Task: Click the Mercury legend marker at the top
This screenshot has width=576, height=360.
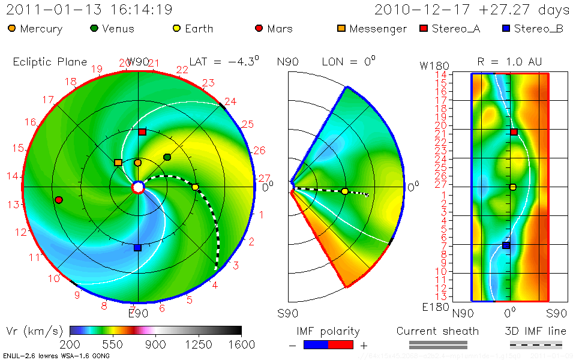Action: (x=13, y=28)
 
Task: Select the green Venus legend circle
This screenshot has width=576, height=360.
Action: (x=94, y=28)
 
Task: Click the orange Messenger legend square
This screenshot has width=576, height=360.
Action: (x=341, y=28)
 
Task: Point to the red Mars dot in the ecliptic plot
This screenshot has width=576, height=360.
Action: (x=58, y=200)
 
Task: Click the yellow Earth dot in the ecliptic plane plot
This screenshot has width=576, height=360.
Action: (x=195, y=187)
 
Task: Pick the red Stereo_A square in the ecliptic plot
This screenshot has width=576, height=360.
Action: (x=142, y=131)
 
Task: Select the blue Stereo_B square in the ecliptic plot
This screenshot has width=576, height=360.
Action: (x=137, y=247)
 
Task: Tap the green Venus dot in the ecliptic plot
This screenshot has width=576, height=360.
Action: (x=167, y=157)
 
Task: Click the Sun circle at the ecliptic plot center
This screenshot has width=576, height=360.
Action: (x=138, y=188)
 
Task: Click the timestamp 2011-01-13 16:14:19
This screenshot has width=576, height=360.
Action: (x=89, y=10)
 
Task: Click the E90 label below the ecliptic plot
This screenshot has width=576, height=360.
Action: (x=139, y=313)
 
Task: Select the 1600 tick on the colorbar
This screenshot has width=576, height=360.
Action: (x=241, y=344)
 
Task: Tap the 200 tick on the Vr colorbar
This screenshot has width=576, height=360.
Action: (x=70, y=344)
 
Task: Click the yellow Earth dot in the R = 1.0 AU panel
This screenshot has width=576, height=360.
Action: (x=513, y=187)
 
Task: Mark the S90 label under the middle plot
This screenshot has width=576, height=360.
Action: (x=288, y=313)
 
